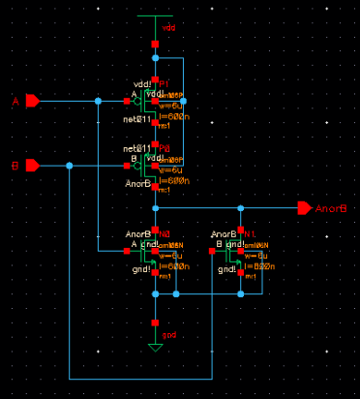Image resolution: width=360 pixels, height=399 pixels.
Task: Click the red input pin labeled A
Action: coord(32,101)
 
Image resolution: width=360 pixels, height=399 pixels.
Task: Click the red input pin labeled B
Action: coord(32,166)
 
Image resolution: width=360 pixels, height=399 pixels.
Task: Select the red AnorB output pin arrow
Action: coord(305,207)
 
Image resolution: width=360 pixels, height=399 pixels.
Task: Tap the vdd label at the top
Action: coord(169,27)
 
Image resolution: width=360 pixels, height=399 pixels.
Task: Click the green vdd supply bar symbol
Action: coord(155,16)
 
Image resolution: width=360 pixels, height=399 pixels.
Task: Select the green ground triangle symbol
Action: coord(155,346)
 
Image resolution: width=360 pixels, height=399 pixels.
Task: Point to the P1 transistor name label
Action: coord(164,82)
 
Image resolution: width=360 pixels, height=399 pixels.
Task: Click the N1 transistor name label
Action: coord(249,233)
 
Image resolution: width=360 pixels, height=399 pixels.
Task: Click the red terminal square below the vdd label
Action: coord(155,45)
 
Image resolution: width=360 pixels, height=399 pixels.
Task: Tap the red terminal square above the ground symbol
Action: coord(155,322)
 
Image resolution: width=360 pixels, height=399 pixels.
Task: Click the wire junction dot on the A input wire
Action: coord(98,101)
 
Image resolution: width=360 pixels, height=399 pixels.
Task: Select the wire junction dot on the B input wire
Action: coord(69,166)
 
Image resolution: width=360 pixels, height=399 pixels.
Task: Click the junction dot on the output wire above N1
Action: coord(241,207)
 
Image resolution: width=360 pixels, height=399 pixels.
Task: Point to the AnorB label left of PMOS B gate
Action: coord(138,182)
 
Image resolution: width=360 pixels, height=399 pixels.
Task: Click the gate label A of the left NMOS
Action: coord(134,245)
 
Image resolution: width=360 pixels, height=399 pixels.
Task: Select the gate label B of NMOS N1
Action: coord(220,245)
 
